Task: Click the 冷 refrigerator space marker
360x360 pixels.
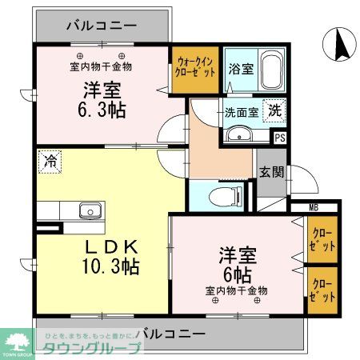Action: click(x=50, y=162)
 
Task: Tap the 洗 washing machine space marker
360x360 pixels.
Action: click(x=274, y=111)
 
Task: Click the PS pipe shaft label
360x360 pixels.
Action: click(x=279, y=138)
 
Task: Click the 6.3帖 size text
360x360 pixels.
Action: click(x=105, y=110)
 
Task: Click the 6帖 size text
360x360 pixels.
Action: click(x=239, y=274)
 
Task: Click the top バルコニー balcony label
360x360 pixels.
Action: click(x=102, y=22)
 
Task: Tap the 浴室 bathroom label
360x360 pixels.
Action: click(x=242, y=69)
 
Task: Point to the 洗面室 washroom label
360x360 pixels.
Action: click(x=241, y=113)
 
